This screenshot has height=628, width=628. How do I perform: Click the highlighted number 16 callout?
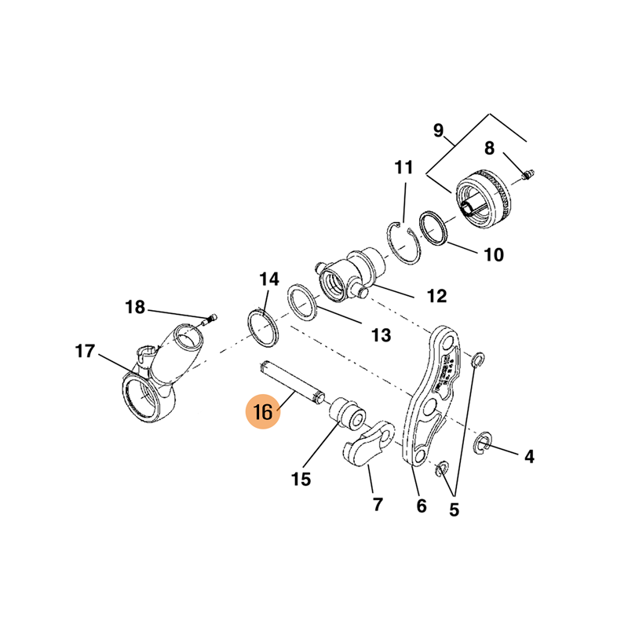(262, 412)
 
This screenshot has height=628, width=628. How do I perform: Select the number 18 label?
(135, 307)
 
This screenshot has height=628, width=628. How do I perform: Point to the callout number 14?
(269, 279)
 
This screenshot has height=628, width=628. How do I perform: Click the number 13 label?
(381, 335)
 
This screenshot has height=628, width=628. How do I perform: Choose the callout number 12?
(436, 296)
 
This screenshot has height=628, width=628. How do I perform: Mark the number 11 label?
(403, 167)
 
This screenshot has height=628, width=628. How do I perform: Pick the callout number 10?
(494, 255)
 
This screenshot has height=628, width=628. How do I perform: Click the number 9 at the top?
(438, 130)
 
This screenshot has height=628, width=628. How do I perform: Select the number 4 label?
(529, 455)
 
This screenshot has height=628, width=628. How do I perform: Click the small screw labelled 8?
(528, 170)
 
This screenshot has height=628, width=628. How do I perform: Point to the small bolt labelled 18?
(210, 319)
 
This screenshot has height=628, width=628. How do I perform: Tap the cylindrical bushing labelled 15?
(346, 413)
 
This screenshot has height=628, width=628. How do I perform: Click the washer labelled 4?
(484, 446)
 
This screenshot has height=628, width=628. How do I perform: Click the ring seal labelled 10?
(433, 226)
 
